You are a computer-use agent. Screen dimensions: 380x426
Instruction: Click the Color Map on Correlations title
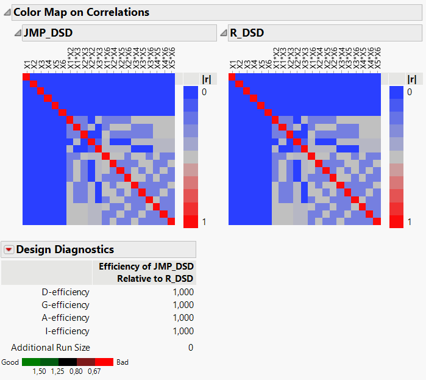pos(80,12)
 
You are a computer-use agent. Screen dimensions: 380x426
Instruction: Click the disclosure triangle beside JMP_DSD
pos(18,33)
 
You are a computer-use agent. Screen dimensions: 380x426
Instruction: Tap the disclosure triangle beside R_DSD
pos(224,33)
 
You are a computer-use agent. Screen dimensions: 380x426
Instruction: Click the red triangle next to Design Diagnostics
pos(9,249)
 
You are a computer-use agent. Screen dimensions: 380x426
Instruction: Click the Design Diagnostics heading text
pos(65,249)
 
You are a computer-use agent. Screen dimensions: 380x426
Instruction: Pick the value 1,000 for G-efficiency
pos(183,305)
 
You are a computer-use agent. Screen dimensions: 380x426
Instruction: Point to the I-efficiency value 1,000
pos(183,331)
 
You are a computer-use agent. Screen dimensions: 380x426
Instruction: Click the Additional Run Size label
pos(51,348)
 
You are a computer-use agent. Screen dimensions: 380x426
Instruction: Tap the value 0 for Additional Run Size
pos(191,348)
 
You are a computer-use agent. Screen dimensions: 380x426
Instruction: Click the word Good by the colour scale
pos(10,362)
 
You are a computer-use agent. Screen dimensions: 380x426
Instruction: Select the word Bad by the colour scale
pos(122,362)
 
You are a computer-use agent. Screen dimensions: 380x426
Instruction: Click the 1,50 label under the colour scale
pos(40,371)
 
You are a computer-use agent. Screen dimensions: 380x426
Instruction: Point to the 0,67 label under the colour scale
pos(94,371)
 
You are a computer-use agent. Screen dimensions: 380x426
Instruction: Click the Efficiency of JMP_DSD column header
pos(146,272)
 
